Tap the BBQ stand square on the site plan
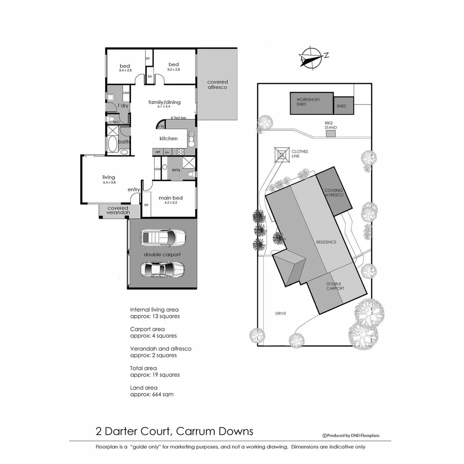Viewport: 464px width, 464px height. [330, 134]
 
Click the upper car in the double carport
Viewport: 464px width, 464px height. [163, 237]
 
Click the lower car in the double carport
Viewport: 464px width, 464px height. [163, 269]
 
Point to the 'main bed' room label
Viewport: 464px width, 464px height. [171, 198]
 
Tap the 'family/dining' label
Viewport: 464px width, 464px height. [165, 102]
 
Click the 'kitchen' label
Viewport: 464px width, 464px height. [168, 138]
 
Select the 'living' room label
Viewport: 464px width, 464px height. [109, 177]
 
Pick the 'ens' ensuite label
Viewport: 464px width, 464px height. [176, 170]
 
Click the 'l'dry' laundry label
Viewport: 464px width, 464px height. [123, 106]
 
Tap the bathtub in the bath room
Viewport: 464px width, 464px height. [113, 144]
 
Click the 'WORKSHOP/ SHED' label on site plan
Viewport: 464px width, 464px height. [305, 102]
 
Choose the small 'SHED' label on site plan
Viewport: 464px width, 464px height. [342, 106]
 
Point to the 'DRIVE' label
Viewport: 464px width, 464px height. [281, 313]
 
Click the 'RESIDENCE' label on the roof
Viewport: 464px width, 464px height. [326, 242]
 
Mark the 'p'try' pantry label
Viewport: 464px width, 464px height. [161, 126]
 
